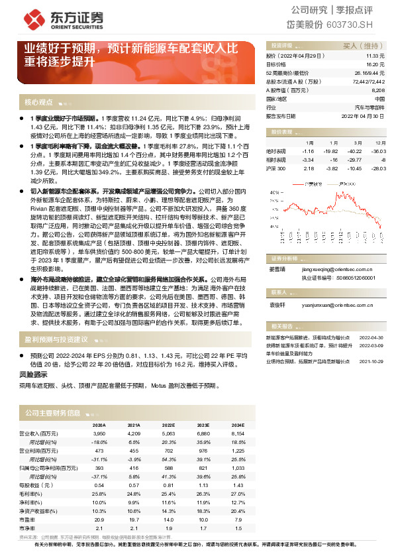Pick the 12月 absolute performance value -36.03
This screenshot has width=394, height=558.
click(378, 152)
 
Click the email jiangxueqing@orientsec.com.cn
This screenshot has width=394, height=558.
click(339, 269)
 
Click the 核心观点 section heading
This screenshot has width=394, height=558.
click(38, 103)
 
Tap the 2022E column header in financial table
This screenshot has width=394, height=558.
click(169, 424)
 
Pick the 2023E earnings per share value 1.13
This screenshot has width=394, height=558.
click(204, 484)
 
